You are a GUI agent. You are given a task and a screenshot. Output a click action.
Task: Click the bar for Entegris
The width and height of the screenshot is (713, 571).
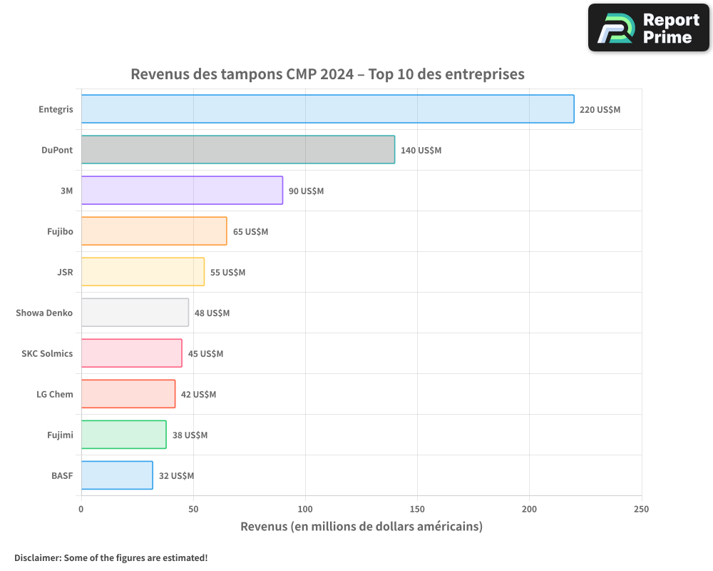click(327, 109)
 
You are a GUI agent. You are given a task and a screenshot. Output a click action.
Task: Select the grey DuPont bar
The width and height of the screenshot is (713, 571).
click(237, 150)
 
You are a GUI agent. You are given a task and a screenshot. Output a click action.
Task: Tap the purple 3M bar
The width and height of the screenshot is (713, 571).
click(182, 191)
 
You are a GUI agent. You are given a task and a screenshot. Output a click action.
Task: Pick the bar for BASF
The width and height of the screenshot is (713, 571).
click(117, 475)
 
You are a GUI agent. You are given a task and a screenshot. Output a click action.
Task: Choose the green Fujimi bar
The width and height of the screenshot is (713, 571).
click(123, 435)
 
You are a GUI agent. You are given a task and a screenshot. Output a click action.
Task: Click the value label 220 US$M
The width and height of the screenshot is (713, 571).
click(600, 110)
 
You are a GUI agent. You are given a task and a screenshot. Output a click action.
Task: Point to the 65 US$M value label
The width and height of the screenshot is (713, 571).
click(250, 232)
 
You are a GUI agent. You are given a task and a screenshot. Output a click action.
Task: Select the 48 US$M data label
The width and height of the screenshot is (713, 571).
click(212, 313)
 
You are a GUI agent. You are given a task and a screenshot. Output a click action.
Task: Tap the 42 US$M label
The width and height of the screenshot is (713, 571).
click(198, 395)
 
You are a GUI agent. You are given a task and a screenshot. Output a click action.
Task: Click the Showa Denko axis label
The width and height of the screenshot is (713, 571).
click(44, 313)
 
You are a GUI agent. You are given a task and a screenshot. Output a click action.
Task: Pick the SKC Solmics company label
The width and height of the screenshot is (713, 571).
click(47, 353)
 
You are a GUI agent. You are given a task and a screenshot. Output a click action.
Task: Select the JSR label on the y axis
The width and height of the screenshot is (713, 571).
click(65, 272)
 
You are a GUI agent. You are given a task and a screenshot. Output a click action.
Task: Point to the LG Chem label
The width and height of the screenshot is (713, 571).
click(55, 394)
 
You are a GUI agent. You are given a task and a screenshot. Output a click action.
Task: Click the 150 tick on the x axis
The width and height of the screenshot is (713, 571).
click(417, 509)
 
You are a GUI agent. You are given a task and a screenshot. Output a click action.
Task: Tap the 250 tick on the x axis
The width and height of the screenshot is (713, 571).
click(641, 509)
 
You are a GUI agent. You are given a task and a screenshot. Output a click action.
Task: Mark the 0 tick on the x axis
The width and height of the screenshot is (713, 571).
click(81, 509)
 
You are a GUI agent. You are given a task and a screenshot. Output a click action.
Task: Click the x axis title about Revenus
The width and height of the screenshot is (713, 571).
click(361, 527)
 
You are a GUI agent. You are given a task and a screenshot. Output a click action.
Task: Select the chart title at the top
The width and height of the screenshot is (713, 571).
click(327, 74)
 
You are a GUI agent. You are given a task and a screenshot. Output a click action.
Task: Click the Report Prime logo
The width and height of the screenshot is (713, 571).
click(648, 28)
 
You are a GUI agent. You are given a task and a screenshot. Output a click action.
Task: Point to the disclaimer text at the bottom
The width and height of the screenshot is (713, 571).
click(111, 557)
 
